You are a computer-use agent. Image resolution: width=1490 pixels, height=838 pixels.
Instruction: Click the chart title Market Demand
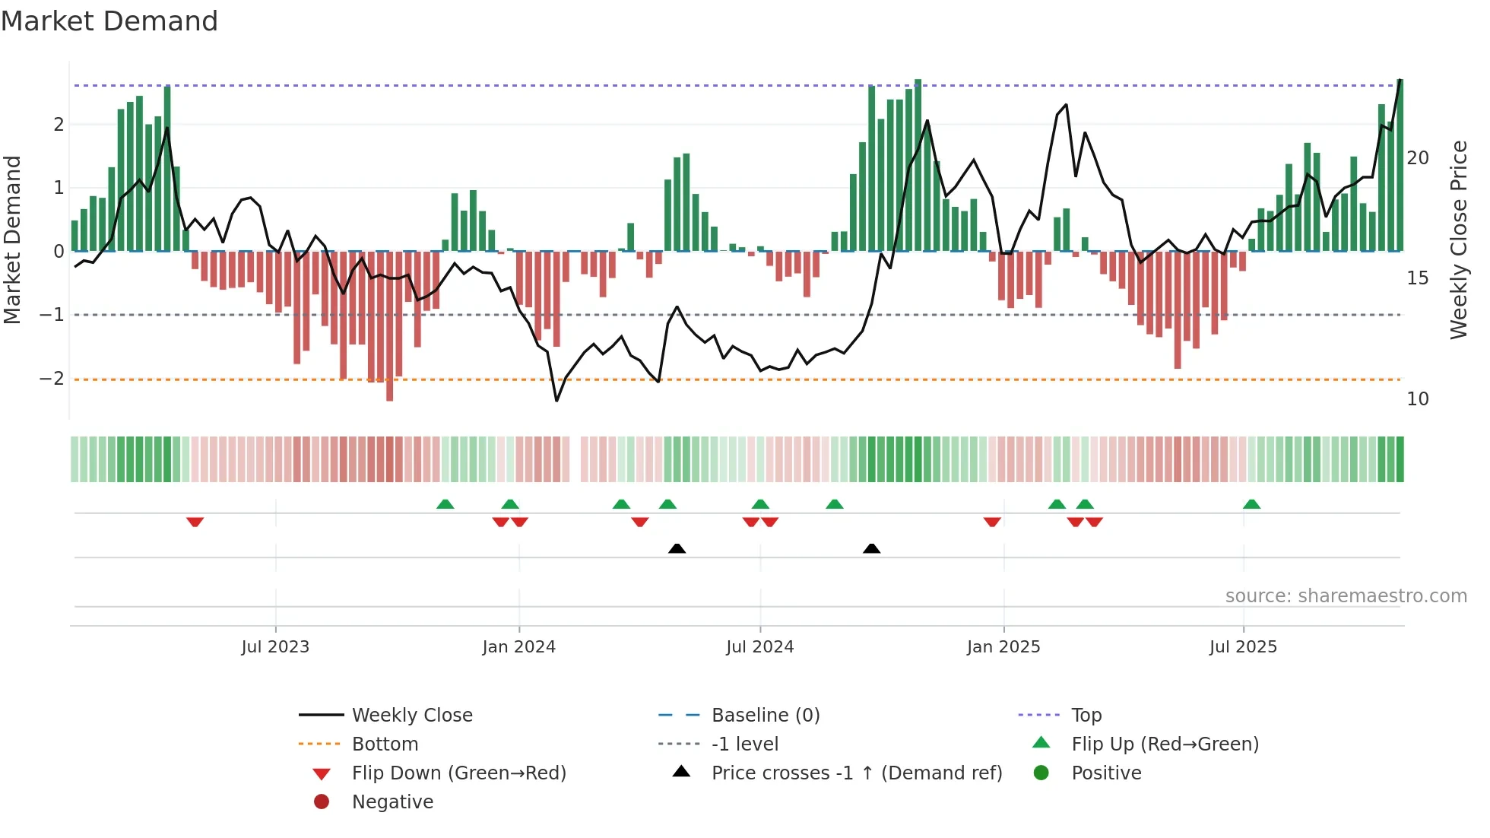point(109,21)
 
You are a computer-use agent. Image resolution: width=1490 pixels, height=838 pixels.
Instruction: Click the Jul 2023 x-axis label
point(275,647)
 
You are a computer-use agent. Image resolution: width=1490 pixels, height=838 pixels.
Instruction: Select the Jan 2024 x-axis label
point(518,647)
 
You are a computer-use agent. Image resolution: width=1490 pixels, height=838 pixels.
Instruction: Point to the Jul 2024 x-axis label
point(759,647)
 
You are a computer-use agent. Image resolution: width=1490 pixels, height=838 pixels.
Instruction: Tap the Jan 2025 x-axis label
point(1003,647)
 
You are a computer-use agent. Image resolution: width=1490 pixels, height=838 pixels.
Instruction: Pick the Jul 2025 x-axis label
point(1243,647)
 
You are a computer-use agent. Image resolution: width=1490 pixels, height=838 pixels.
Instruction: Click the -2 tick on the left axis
point(52,379)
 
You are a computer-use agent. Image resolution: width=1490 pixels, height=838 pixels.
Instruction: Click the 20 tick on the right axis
point(1418,158)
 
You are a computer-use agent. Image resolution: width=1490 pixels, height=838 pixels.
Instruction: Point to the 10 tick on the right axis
point(1418,399)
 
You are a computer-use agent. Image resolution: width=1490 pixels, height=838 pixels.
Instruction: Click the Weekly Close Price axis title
point(1458,240)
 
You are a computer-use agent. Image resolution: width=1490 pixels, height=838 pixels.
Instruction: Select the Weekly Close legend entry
point(411,716)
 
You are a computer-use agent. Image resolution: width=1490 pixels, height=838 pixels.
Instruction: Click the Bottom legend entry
point(385,744)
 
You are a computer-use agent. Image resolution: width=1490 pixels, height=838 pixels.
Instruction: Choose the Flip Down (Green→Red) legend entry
point(458,773)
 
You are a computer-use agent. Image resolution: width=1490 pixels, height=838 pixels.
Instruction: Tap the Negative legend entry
point(392,802)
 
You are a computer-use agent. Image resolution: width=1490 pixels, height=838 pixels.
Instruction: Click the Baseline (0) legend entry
point(765,716)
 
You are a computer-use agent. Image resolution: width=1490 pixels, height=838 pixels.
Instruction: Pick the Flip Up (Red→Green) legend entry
point(1165,744)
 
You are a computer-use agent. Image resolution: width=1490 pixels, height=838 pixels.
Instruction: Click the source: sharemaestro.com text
point(1346,596)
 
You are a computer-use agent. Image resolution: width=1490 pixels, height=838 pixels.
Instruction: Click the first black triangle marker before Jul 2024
point(677,548)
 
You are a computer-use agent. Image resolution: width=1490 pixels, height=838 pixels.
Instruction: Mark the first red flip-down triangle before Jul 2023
point(195,522)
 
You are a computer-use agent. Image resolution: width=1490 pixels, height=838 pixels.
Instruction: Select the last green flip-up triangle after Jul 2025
point(1251,504)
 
